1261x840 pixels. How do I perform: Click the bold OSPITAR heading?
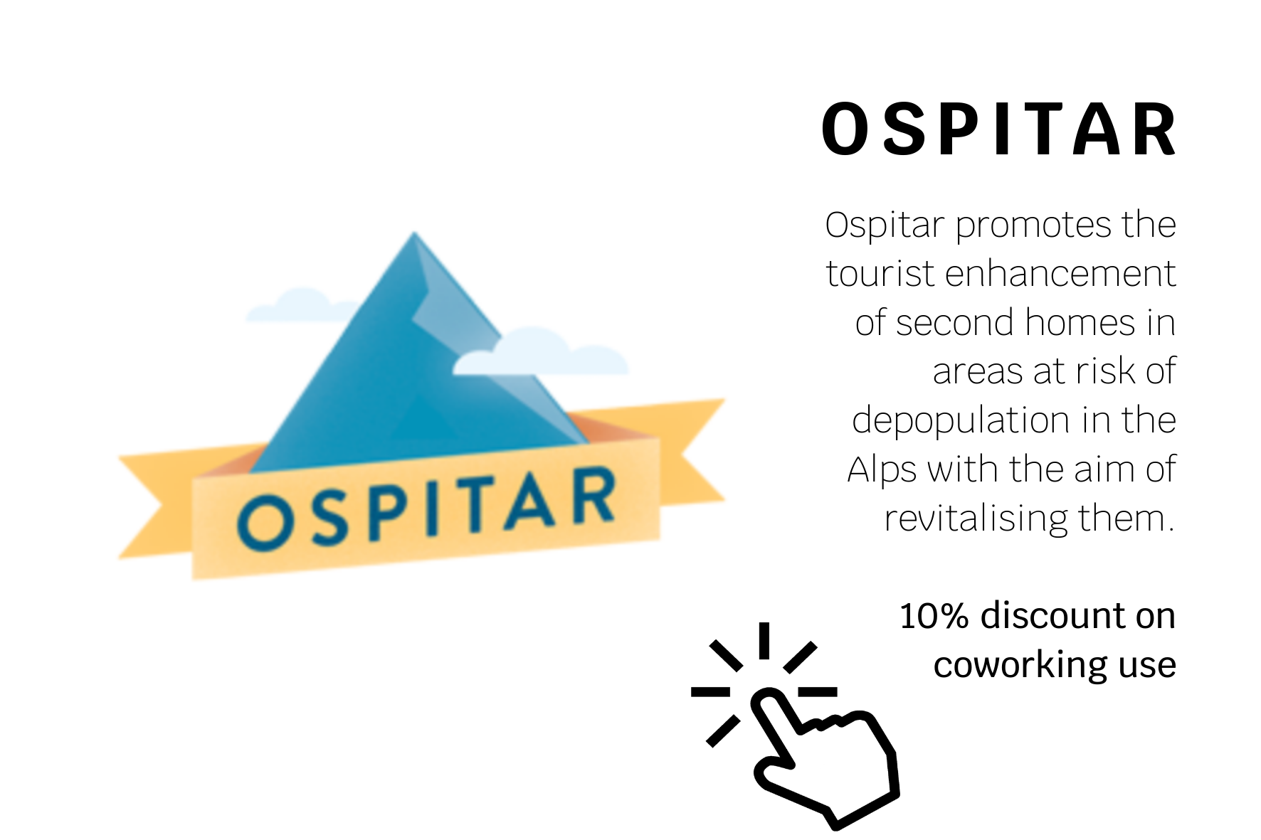point(999,129)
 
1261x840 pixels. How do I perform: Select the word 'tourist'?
point(880,275)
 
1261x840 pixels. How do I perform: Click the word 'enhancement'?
point(1060,275)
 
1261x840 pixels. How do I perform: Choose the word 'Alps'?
point(882,470)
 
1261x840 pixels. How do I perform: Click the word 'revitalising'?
point(976,519)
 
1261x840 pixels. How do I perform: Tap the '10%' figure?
point(934,616)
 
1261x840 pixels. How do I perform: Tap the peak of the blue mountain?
point(414,233)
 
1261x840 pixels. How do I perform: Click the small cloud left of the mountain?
point(299,305)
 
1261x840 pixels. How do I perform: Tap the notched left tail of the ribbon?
point(156,506)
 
